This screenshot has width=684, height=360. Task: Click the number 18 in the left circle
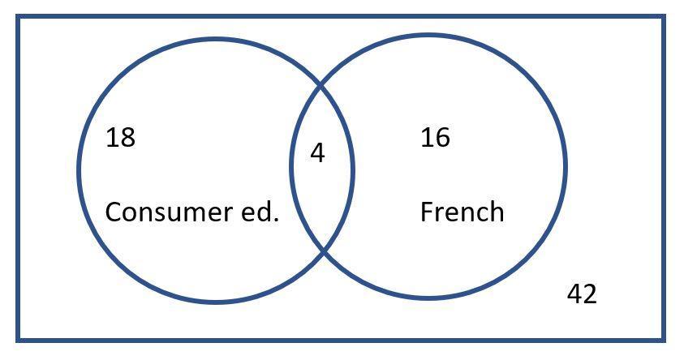pyautogui.click(x=120, y=138)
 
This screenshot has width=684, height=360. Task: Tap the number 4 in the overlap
pyautogui.click(x=317, y=152)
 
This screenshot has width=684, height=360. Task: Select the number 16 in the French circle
pyautogui.click(x=435, y=138)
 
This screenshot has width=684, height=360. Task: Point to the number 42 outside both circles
pyautogui.click(x=581, y=294)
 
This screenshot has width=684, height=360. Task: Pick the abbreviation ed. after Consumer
pyautogui.click(x=261, y=212)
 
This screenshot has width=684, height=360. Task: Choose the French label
pyautogui.click(x=462, y=212)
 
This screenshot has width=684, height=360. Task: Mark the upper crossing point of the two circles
pyautogui.click(x=322, y=84)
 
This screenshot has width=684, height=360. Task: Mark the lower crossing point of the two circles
pyautogui.click(x=322, y=252)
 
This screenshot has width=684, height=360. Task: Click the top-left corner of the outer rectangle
pyautogui.click(x=19, y=17)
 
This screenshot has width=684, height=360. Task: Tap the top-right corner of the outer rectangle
pyautogui.click(x=664, y=17)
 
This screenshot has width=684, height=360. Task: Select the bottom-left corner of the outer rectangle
pyautogui.click(x=19, y=339)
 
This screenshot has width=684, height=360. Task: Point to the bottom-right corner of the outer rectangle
pyautogui.click(x=664, y=339)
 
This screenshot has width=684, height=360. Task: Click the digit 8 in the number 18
pyautogui.click(x=127, y=138)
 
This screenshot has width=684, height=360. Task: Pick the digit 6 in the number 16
pyautogui.click(x=442, y=138)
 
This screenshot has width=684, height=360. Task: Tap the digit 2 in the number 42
pyautogui.click(x=589, y=294)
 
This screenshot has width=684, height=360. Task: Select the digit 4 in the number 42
pyautogui.click(x=574, y=294)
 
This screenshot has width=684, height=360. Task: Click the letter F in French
pyautogui.click(x=426, y=212)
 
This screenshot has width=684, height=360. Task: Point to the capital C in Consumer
pyautogui.click(x=113, y=212)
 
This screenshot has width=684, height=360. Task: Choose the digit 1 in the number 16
pyautogui.click(x=427, y=138)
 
